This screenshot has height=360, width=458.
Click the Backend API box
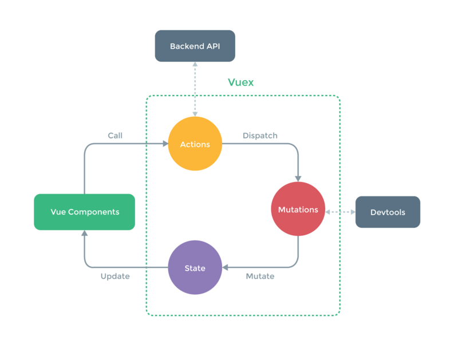click(195, 46)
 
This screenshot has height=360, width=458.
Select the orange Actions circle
click(195, 144)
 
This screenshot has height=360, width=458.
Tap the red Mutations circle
click(298, 209)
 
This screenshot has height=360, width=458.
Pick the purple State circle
click(195, 267)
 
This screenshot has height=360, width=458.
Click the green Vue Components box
click(84, 212)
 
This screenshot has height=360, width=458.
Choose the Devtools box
click(388, 212)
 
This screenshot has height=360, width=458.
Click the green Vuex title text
click(240, 82)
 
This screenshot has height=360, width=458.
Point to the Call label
click(115, 136)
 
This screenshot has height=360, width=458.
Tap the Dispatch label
click(260, 136)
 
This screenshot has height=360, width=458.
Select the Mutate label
click(260, 276)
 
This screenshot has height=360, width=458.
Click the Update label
click(115, 276)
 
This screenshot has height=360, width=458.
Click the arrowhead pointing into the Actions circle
click(164, 144)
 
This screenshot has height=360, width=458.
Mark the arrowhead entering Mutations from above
click(298, 178)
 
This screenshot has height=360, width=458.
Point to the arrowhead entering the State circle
click(226, 267)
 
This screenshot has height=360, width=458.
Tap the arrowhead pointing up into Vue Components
click(84, 234)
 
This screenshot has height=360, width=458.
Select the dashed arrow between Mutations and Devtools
click(340, 212)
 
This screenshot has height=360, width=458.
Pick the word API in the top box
click(211, 46)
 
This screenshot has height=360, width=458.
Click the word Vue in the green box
click(58, 212)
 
